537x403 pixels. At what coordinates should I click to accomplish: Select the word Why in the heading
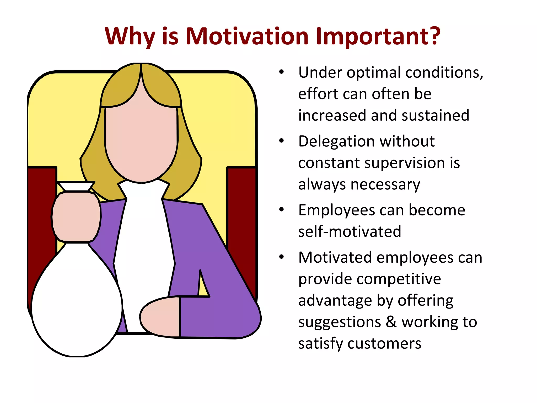(x=130, y=37)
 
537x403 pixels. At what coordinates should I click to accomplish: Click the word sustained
(x=435, y=115)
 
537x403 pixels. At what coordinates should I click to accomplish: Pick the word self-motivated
(x=350, y=232)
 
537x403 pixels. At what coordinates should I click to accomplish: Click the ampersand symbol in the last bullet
(x=391, y=322)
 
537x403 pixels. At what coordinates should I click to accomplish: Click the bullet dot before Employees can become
(x=281, y=210)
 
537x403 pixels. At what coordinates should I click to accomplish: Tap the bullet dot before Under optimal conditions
(x=281, y=72)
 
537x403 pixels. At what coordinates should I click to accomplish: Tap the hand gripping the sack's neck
(x=76, y=217)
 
